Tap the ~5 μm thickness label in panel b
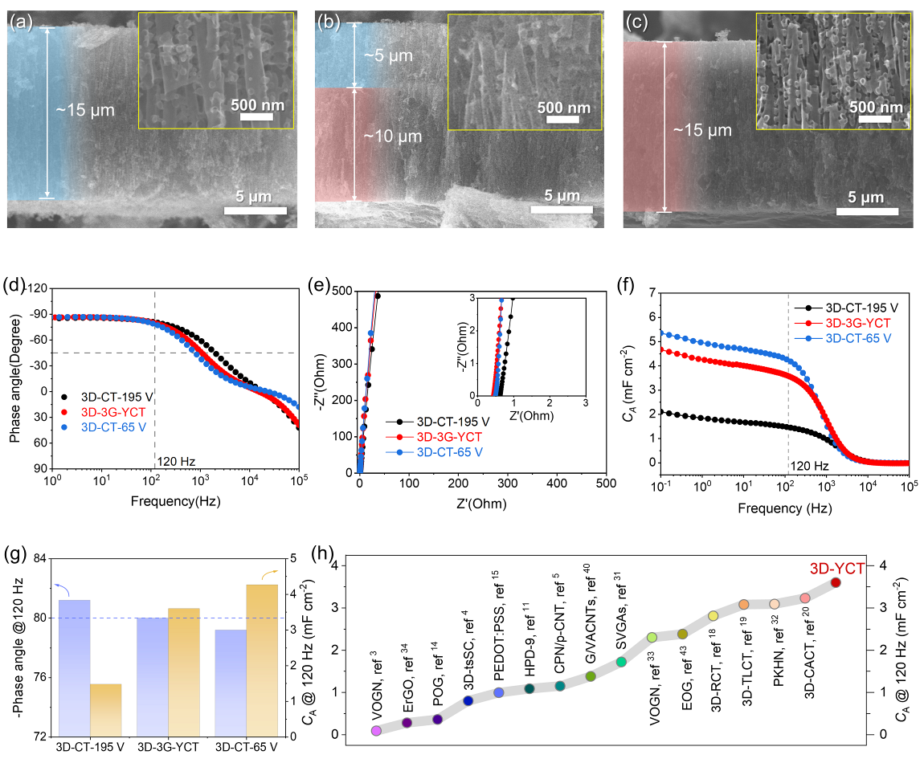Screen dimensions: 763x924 coord(379,57)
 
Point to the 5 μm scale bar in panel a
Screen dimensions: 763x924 coord(255,210)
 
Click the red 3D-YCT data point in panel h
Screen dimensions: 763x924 coord(836,582)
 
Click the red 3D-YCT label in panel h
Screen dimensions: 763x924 coord(837,567)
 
